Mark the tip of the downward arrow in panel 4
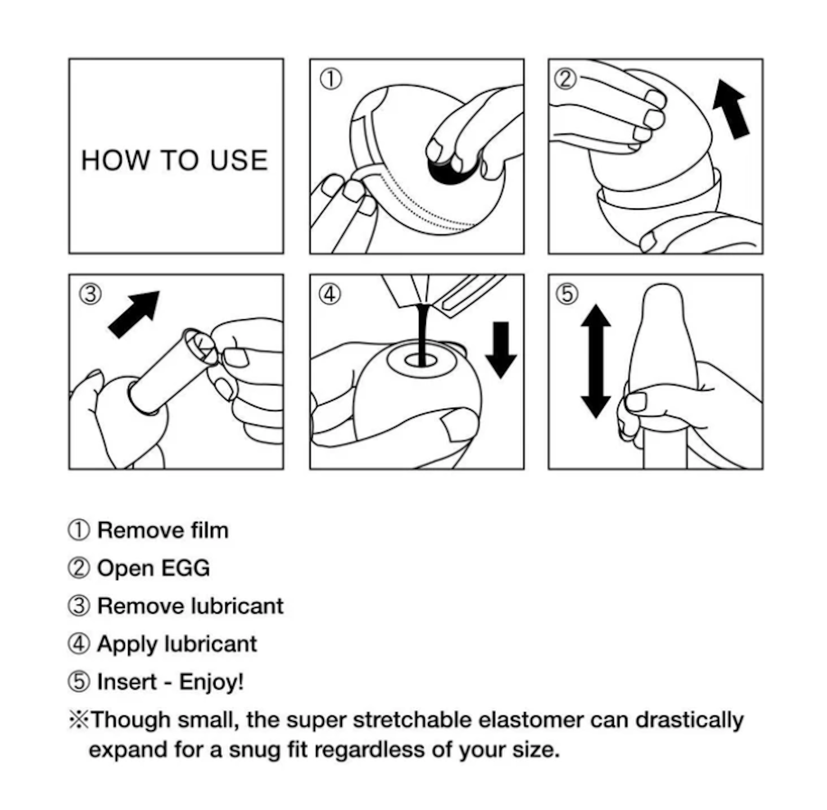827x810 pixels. (x=501, y=378)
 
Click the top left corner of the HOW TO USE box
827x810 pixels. (x=69, y=59)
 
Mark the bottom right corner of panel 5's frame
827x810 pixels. (x=762, y=469)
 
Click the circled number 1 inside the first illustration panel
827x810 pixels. (x=330, y=79)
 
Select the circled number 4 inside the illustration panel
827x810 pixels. (x=330, y=294)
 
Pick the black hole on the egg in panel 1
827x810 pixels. (x=453, y=169)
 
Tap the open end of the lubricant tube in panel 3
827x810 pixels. (x=200, y=346)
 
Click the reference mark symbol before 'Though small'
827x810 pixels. (x=79, y=720)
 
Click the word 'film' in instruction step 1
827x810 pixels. (x=209, y=530)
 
